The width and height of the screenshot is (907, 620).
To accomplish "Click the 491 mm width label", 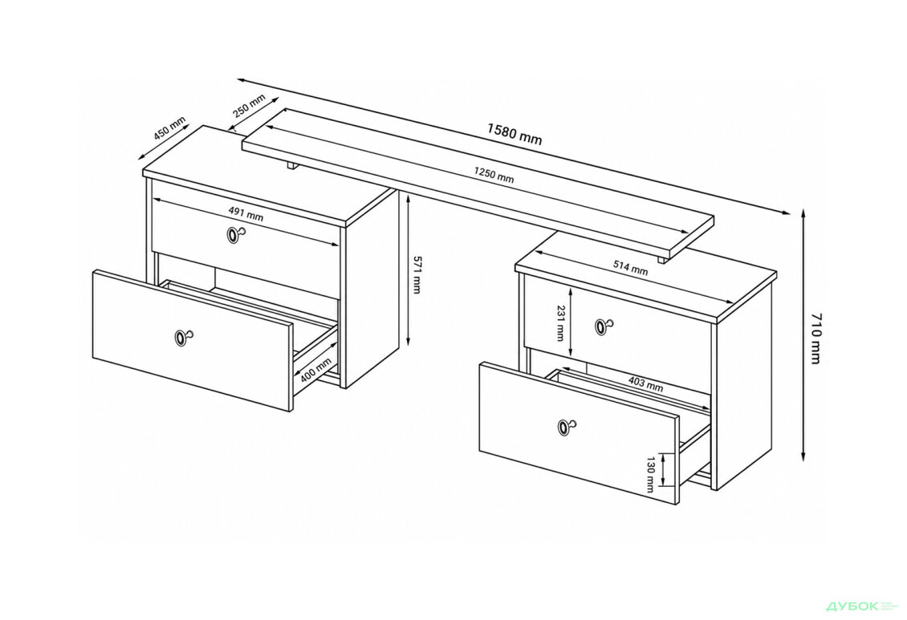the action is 246,214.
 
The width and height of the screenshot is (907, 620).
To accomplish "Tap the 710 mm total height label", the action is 815,339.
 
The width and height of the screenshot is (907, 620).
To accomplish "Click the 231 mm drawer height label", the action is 559,323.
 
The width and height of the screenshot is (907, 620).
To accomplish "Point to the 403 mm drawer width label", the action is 645,385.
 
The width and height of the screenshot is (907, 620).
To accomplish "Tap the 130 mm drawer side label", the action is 651,474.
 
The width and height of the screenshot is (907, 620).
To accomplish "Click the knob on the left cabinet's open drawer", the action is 183,338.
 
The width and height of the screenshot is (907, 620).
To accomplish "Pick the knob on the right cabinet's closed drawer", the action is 604,326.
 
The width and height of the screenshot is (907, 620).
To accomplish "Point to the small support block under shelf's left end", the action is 291,166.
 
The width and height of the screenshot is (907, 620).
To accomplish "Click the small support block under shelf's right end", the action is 661,259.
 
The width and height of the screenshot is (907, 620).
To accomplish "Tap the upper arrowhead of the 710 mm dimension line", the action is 803,213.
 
